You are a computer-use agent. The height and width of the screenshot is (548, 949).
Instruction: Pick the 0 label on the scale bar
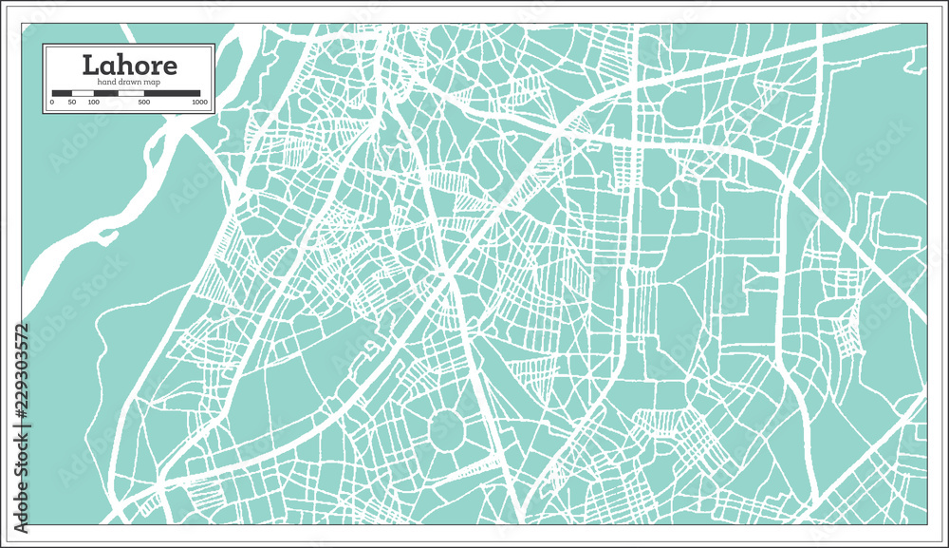52,102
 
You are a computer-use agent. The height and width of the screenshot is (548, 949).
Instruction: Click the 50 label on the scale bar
72,102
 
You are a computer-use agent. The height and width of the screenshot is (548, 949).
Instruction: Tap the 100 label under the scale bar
93,102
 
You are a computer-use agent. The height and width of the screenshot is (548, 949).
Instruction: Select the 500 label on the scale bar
143,102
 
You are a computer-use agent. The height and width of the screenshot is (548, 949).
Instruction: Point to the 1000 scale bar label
199,102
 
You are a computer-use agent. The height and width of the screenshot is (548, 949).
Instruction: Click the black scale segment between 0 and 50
63,93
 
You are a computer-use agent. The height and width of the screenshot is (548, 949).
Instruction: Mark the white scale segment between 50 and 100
83,93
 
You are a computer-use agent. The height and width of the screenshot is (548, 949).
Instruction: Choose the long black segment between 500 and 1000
174,93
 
